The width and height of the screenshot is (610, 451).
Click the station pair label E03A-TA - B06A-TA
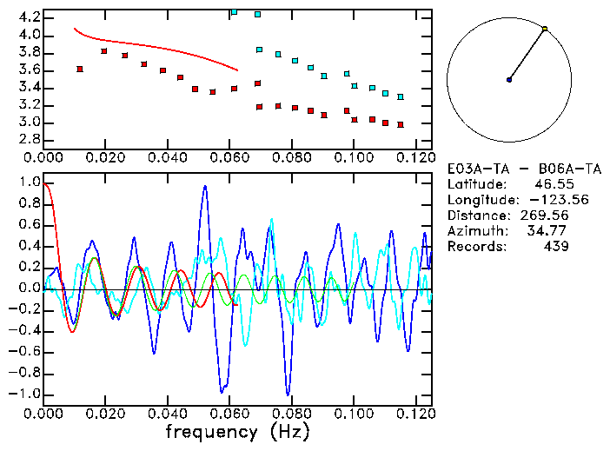[x=524, y=169]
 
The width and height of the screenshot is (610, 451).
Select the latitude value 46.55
[x=550, y=184]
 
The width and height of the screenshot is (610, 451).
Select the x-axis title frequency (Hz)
[x=236, y=431]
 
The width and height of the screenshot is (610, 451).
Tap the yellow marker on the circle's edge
[x=545, y=29]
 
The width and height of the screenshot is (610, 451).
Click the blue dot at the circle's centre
[x=509, y=80]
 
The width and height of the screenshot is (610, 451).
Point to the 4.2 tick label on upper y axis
[x=29, y=17]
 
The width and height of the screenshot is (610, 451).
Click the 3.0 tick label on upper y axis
[x=29, y=123]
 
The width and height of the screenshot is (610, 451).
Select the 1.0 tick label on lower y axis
[x=29, y=182]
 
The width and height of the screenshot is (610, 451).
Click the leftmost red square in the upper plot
[x=80, y=69]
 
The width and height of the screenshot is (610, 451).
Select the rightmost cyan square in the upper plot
[x=401, y=96]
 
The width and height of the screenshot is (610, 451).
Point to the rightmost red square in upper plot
[x=401, y=124]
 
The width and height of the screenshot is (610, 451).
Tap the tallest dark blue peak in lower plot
[x=205, y=186]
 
